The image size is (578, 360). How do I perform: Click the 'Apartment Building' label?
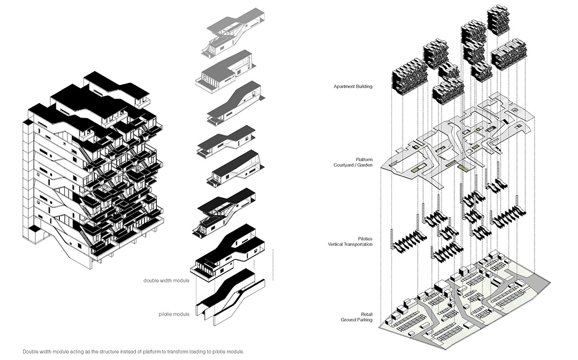(353, 87)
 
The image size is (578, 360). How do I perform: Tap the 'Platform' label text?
(364, 159)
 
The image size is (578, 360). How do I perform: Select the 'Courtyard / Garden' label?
(353, 165)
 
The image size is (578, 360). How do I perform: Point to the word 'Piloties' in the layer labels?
(365, 239)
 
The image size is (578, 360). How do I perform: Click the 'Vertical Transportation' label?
(350, 244)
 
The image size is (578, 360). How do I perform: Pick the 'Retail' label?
(367, 315)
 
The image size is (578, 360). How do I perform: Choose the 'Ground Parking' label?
(356, 320)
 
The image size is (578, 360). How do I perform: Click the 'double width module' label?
(166, 281)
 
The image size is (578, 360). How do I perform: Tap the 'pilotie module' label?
(174, 315)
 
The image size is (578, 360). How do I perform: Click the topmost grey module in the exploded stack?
(232, 33)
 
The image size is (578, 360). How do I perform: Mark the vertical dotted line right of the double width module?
(273, 265)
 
